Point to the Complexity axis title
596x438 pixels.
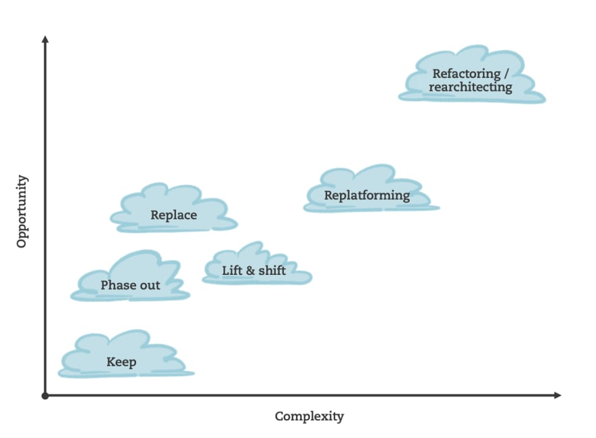pos(309,416)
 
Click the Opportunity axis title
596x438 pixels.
pos(22,211)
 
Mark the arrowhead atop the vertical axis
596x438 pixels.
pos(45,39)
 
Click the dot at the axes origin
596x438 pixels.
pos(45,395)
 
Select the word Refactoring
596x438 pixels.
pos(463,73)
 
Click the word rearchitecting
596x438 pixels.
pos(471,87)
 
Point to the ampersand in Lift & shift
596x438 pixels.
pos(249,271)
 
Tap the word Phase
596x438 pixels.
pos(116,285)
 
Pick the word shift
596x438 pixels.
pos(272,271)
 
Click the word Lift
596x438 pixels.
pos(231,271)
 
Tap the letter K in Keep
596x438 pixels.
pos(110,362)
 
